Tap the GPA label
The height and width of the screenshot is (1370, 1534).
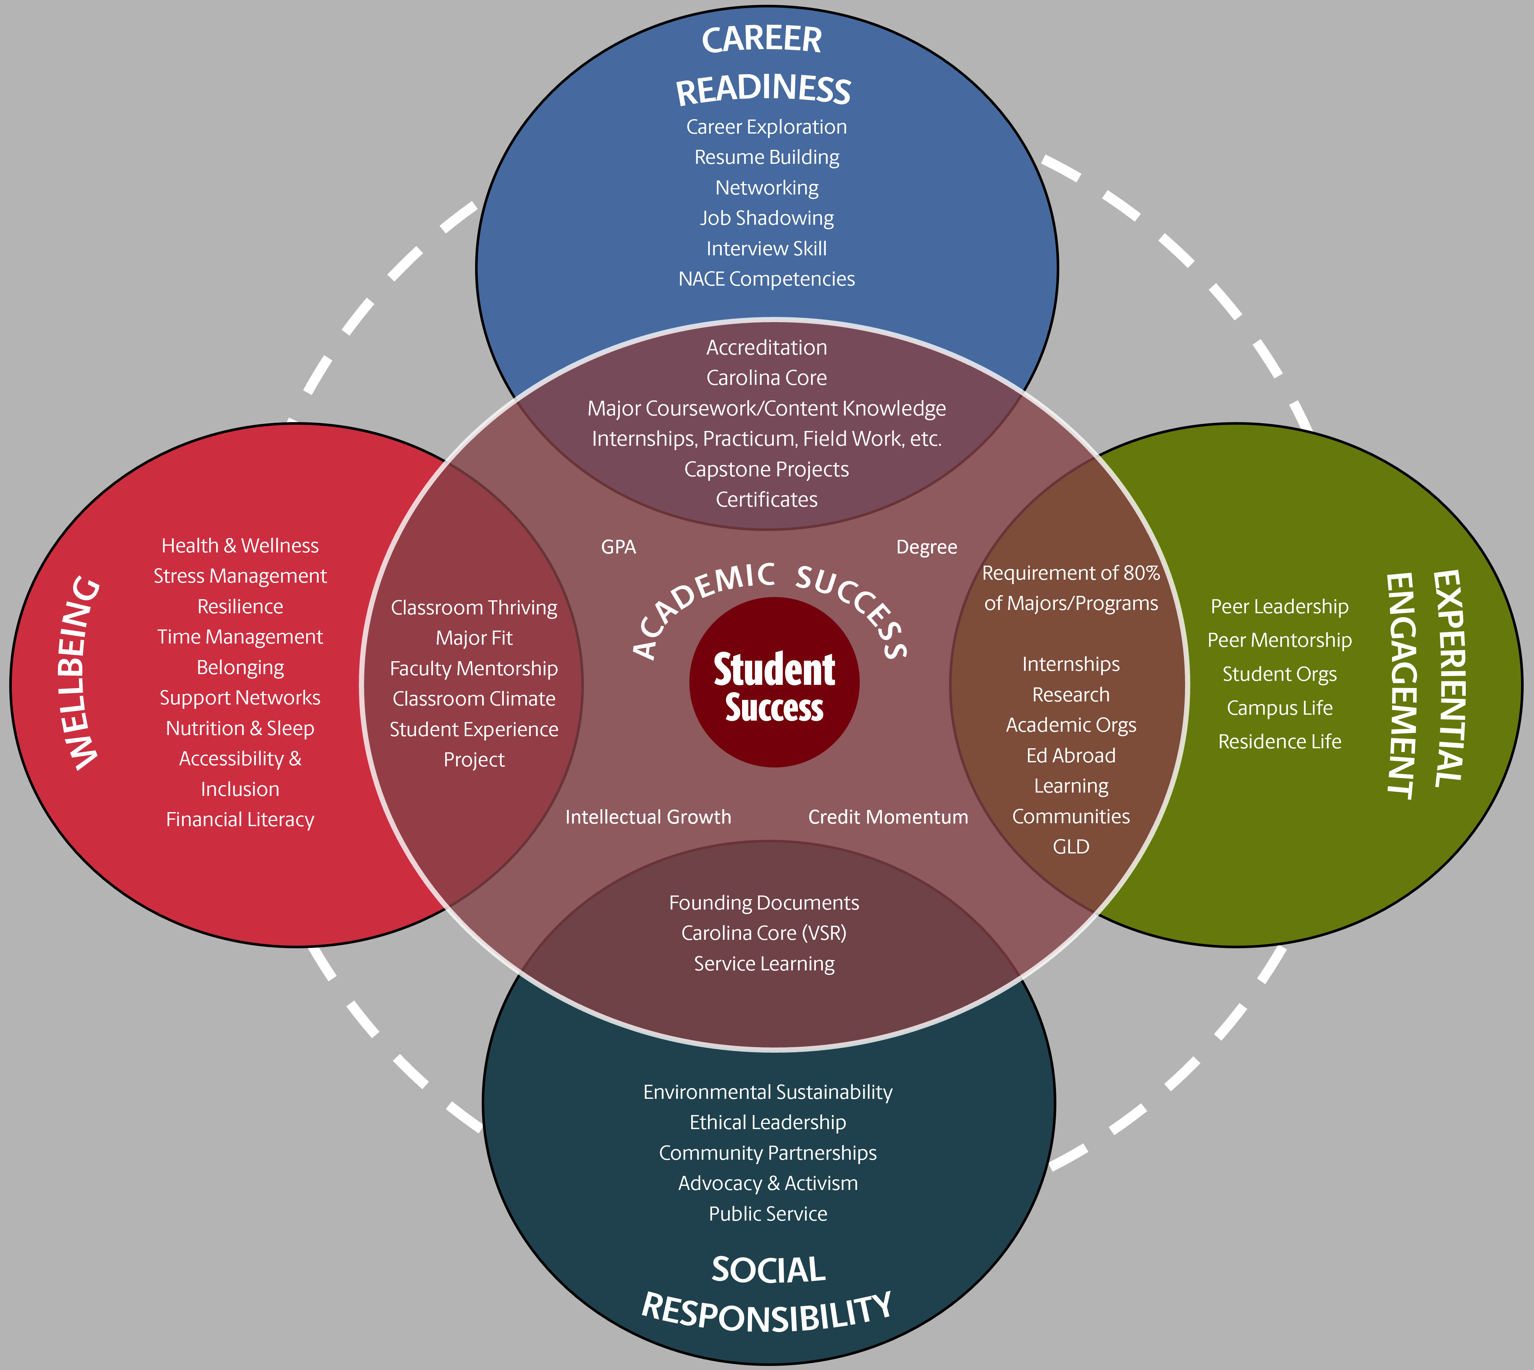[x=619, y=547]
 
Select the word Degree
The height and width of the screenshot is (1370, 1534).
[x=926, y=547]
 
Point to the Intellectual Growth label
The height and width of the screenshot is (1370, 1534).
[x=648, y=817]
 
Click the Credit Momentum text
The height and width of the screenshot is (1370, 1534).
[x=888, y=817]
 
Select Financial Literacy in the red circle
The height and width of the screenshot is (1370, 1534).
[x=240, y=820]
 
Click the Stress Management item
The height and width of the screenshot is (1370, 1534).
[x=240, y=576]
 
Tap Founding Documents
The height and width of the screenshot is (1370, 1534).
[x=763, y=903]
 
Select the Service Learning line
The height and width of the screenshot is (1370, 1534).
[x=763, y=963]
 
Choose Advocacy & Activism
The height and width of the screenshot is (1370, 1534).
[x=768, y=1183]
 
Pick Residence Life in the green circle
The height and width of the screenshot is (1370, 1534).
[x=1279, y=742]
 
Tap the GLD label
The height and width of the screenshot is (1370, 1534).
[x=1071, y=847]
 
